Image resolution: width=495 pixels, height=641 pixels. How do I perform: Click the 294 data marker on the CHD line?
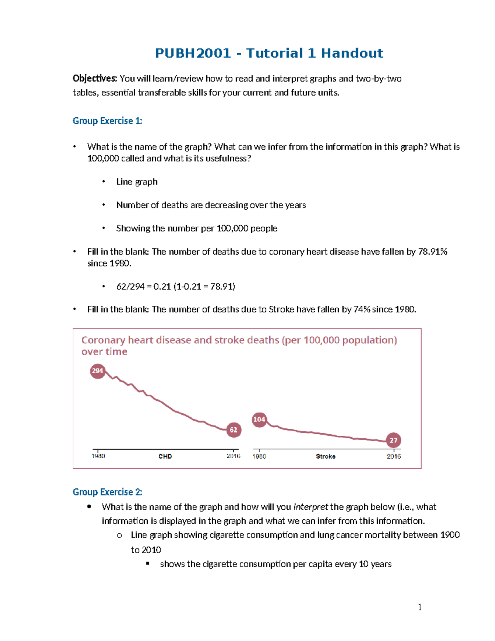(97, 371)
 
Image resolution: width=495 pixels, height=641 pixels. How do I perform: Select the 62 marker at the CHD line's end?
(233, 430)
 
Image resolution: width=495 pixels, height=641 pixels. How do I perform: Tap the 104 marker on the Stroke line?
(259, 419)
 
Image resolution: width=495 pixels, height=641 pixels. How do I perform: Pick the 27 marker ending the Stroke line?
(394, 440)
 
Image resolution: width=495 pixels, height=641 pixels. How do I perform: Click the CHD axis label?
(165, 456)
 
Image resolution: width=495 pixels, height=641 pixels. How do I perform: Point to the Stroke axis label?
(325, 456)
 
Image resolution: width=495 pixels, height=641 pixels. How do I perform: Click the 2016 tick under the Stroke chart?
(394, 456)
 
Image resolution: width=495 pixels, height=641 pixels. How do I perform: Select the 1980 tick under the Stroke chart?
(259, 456)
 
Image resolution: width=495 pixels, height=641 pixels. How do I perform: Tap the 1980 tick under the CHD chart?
(98, 456)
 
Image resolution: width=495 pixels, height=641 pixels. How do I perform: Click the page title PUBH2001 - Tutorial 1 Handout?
(269, 53)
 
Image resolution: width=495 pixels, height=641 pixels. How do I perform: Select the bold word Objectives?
(95, 78)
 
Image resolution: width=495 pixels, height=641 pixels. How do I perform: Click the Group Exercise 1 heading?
(107, 121)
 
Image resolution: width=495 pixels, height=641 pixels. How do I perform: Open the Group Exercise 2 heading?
(107, 492)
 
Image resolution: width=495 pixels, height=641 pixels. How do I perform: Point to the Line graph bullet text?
(137, 182)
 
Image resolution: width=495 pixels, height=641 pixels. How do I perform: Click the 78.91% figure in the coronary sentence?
(432, 252)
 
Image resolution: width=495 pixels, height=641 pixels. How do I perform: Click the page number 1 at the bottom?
(420, 607)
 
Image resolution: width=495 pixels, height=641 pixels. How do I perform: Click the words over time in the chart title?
(104, 352)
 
